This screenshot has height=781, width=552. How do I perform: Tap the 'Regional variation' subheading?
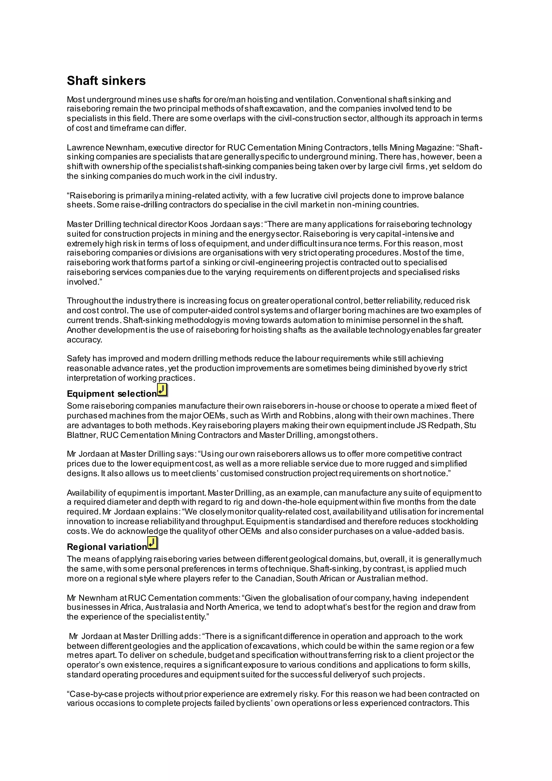coord(107,547)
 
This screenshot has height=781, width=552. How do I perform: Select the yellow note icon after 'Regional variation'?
coord(153,543)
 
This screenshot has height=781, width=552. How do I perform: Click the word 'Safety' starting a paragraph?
coord(78,358)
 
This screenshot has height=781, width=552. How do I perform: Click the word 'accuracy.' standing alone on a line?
coord(84,340)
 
